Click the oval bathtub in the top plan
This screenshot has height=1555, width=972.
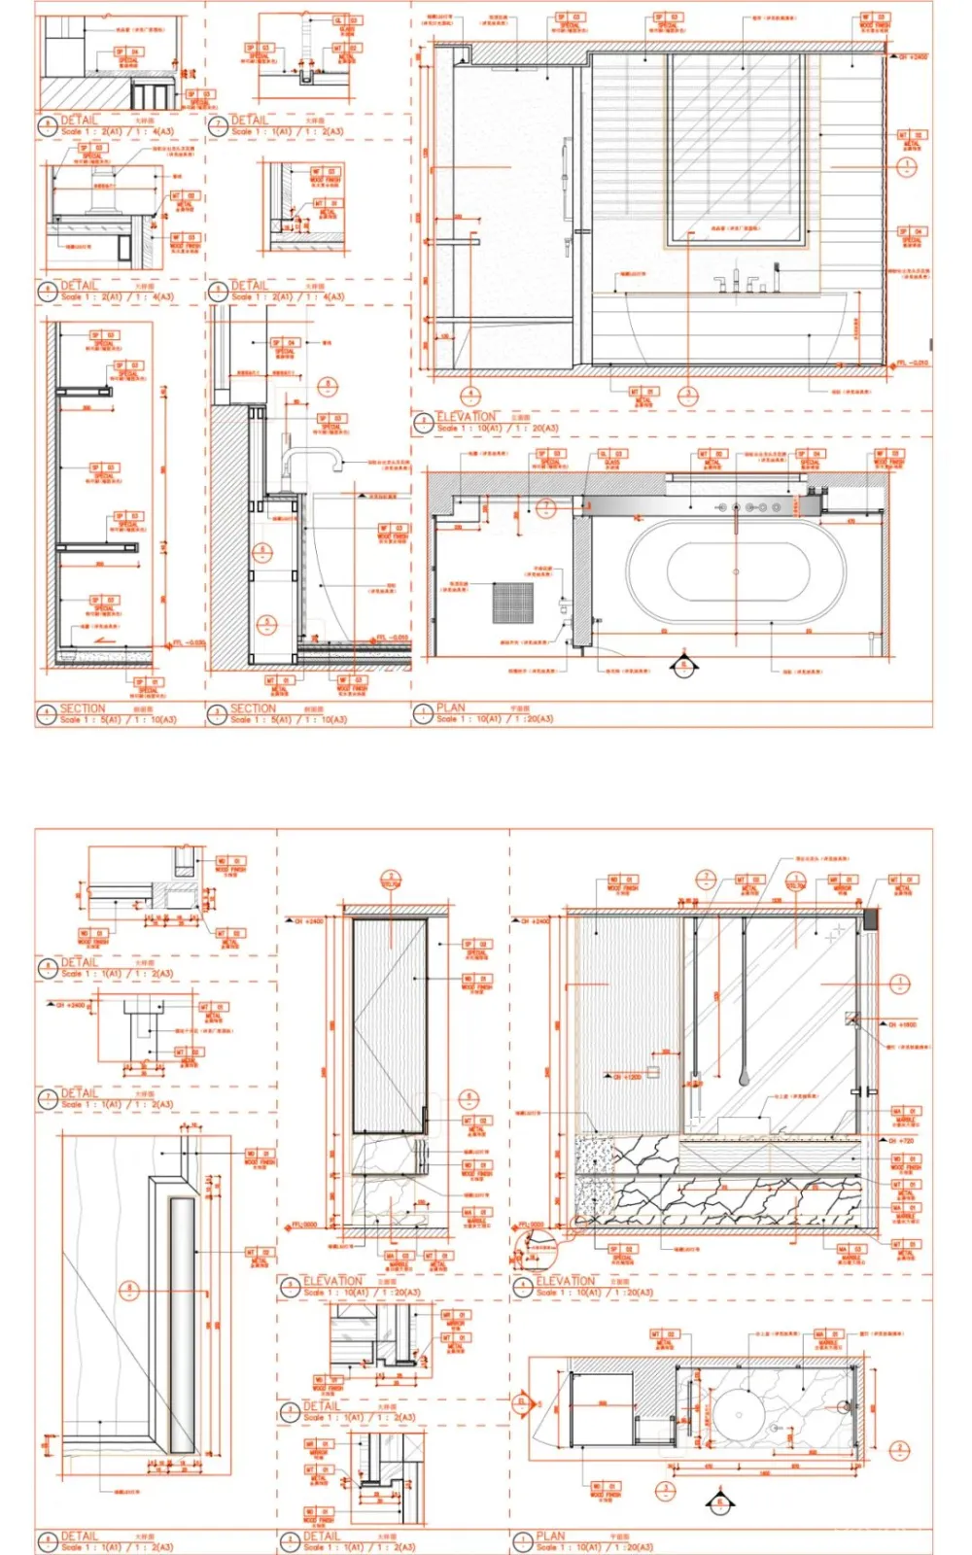(x=736, y=571)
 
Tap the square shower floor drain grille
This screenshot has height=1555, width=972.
(x=512, y=603)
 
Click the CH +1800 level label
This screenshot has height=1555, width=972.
(x=902, y=1024)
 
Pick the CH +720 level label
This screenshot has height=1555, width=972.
(x=901, y=1140)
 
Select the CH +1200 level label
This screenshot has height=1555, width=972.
(x=627, y=1077)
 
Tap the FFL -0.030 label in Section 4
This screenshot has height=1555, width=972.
(x=189, y=642)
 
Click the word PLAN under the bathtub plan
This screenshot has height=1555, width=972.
(x=451, y=708)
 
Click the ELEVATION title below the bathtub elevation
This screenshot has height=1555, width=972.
(x=466, y=417)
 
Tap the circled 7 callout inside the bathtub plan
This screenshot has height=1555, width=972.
(x=546, y=506)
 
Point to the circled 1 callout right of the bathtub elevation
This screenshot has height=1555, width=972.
(x=906, y=166)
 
